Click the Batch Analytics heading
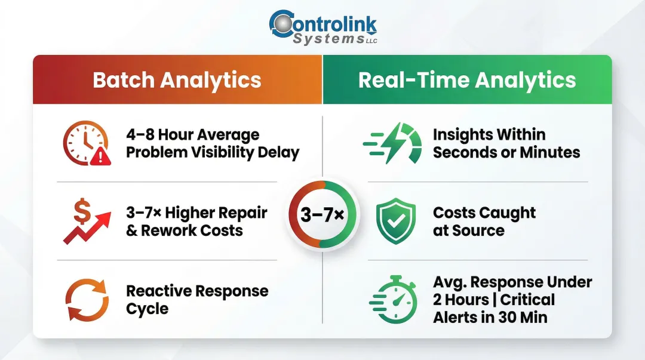point(177,80)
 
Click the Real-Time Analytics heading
point(467,80)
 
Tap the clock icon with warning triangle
point(87,143)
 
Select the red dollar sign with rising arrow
point(86,221)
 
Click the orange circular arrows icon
point(87,300)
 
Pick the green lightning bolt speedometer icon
point(392,143)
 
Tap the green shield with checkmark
point(395,221)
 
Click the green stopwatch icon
point(392,300)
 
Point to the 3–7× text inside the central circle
point(322,214)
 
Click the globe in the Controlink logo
point(280,23)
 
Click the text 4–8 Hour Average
point(192,134)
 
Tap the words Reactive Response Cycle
point(197,300)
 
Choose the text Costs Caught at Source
point(484,221)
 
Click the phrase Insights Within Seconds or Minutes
point(506,143)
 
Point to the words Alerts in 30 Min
point(490,317)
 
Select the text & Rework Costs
point(184,231)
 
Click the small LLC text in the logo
point(371,41)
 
